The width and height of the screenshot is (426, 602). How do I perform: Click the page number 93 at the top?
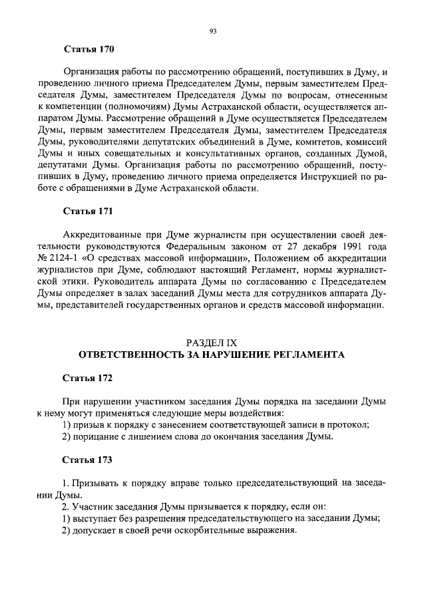pos(213,31)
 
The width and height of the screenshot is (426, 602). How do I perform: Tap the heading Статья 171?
pos(89,212)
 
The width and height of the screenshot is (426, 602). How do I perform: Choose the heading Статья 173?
pos(89,460)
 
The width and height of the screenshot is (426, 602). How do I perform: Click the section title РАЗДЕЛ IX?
pos(212,343)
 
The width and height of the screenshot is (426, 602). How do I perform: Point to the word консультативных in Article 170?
pos(212,154)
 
